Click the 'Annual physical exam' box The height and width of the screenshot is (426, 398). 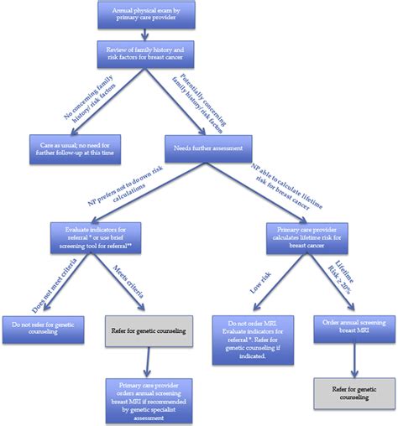pyautogui.click(x=147, y=14)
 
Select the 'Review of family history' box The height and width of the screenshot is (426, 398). pyautogui.click(x=148, y=55)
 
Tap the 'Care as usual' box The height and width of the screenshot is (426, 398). pyautogui.click(x=76, y=148)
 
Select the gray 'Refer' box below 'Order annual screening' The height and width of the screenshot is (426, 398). pyautogui.click(x=353, y=392)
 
